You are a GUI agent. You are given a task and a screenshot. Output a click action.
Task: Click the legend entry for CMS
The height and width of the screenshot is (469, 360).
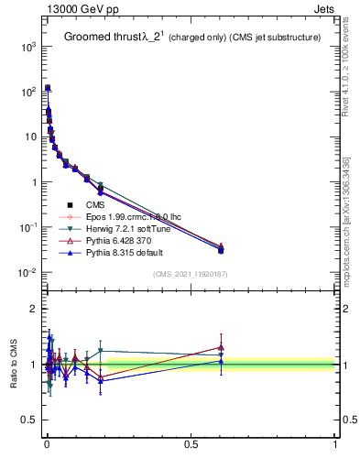click(x=93, y=205)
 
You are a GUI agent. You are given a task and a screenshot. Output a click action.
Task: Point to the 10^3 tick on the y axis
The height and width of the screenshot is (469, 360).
click(x=28, y=46)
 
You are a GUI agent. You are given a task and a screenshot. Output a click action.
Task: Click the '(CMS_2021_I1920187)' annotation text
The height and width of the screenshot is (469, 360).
click(x=190, y=274)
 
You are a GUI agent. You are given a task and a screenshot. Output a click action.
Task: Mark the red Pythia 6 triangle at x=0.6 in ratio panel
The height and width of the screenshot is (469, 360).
click(x=221, y=347)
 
